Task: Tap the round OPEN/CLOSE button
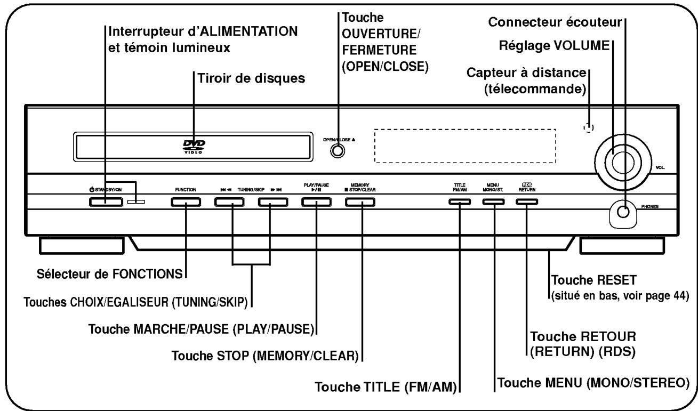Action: pos(337,151)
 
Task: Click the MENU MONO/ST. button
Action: pos(493,202)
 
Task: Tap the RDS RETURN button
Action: pos(526,202)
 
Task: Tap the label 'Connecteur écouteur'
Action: pos(556,22)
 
